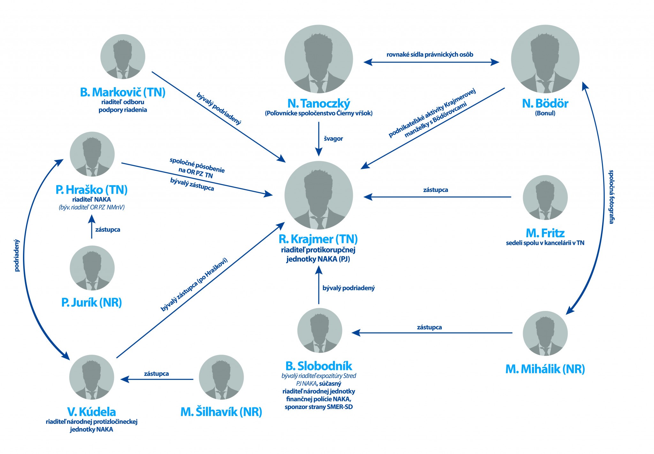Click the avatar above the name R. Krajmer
pos(319,195)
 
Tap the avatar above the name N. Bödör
pos(545,59)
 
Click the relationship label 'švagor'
pos(333,139)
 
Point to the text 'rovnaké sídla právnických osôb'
pos(430,54)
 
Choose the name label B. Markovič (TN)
pos(123,92)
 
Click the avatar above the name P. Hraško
pos(92,154)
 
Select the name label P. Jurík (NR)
pos(92,302)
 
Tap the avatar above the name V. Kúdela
pos(92,377)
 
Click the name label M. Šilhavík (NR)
pos(221,412)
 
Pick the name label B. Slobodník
pos(319,366)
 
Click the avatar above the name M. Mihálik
pos(545,333)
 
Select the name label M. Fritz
pos(545,233)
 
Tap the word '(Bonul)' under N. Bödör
pos(545,113)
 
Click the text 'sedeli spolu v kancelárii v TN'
pos(545,243)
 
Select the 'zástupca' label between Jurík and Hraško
pos(108,230)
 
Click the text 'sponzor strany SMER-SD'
pos(319,407)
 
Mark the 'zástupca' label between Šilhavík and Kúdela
pos(156,374)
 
